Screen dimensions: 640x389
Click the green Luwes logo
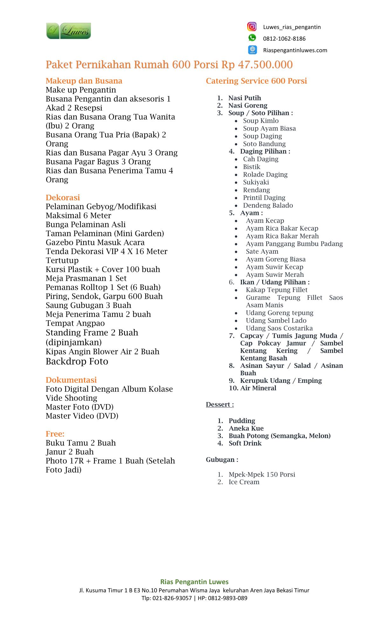pos(68,31)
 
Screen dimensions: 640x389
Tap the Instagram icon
pos(252,27)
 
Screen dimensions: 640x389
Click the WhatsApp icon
pos(252,38)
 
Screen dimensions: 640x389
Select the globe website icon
pos(252,50)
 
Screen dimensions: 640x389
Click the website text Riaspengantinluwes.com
pos(295,50)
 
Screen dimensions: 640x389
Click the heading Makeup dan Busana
pos(84,81)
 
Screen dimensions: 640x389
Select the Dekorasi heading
pos(63,197)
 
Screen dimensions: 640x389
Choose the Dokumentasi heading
pos(71,380)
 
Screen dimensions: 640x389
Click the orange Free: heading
pos(55,434)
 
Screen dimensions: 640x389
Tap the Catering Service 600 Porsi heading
pos(256,81)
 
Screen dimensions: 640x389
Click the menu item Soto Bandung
pos(264,144)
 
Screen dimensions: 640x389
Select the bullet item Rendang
pos(256,190)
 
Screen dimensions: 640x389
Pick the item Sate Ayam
pos(262,251)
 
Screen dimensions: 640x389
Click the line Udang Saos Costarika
pos(279,328)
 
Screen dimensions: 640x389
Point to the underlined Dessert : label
pos(220,404)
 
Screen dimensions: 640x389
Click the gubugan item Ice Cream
pos(244,482)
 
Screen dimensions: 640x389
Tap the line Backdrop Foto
pos(77,362)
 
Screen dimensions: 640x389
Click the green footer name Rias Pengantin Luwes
pos(194,582)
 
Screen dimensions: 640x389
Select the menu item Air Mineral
pos(258,388)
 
